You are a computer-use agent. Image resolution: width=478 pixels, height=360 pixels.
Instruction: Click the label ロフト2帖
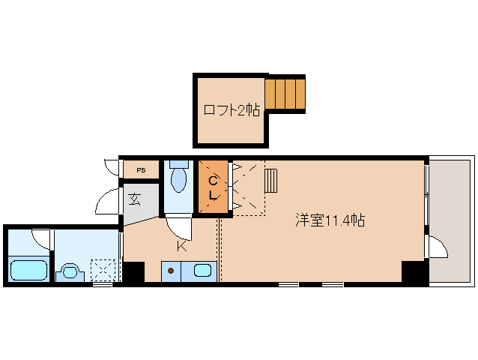click(x=232, y=110)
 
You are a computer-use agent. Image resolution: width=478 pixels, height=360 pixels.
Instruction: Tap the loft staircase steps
click(x=285, y=93)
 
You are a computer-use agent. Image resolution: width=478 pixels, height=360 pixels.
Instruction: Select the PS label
click(x=141, y=170)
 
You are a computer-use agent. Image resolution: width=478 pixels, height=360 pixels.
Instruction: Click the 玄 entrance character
click(x=135, y=199)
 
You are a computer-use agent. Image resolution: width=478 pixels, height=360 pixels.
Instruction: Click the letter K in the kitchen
click(x=181, y=245)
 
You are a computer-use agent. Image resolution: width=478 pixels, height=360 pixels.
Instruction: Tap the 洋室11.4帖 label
click(x=330, y=220)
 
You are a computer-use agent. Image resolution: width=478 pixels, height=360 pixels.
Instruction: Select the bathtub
click(x=28, y=268)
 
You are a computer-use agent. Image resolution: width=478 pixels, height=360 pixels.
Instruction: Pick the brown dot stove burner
click(x=172, y=270)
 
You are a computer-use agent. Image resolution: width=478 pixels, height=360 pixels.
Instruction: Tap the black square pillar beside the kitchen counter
click(x=133, y=271)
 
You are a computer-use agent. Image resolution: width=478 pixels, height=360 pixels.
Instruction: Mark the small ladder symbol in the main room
click(x=270, y=181)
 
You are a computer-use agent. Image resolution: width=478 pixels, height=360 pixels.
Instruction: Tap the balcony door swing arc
click(x=437, y=247)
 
